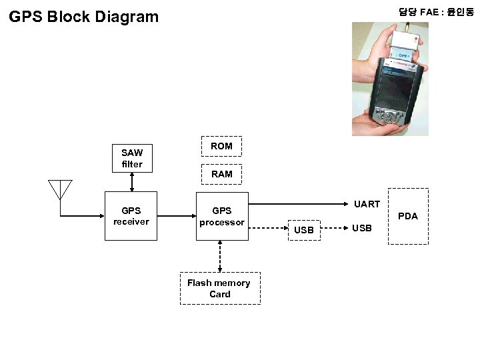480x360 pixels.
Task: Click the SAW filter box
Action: click(x=132, y=158)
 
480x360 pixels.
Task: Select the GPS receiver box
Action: click(x=131, y=216)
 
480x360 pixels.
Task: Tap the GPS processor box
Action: click(x=221, y=216)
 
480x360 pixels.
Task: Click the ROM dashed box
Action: click(x=221, y=146)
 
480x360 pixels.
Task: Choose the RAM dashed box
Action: click(x=221, y=174)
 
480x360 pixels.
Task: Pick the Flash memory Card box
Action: click(x=219, y=288)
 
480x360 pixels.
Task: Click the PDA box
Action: click(x=407, y=216)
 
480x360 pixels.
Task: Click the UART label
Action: click(x=367, y=204)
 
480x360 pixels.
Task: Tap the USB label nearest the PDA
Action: click(x=362, y=229)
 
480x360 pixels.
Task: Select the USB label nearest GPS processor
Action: click(x=304, y=230)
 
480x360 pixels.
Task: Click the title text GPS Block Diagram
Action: click(x=84, y=16)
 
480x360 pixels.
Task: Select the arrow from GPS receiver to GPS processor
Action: click(x=173, y=216)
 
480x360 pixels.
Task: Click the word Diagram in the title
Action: click(x=126, y=16)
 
